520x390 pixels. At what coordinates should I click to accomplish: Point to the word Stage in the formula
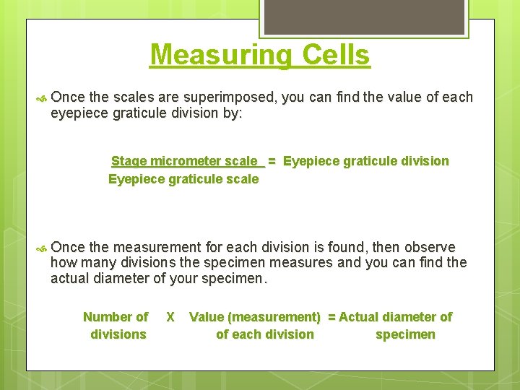(128, 161)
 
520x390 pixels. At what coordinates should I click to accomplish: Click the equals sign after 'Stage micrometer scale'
(272, 161)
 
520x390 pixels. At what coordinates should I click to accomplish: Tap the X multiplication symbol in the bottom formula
(170, 316)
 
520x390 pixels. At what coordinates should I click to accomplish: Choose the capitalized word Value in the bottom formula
(204, 316)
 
